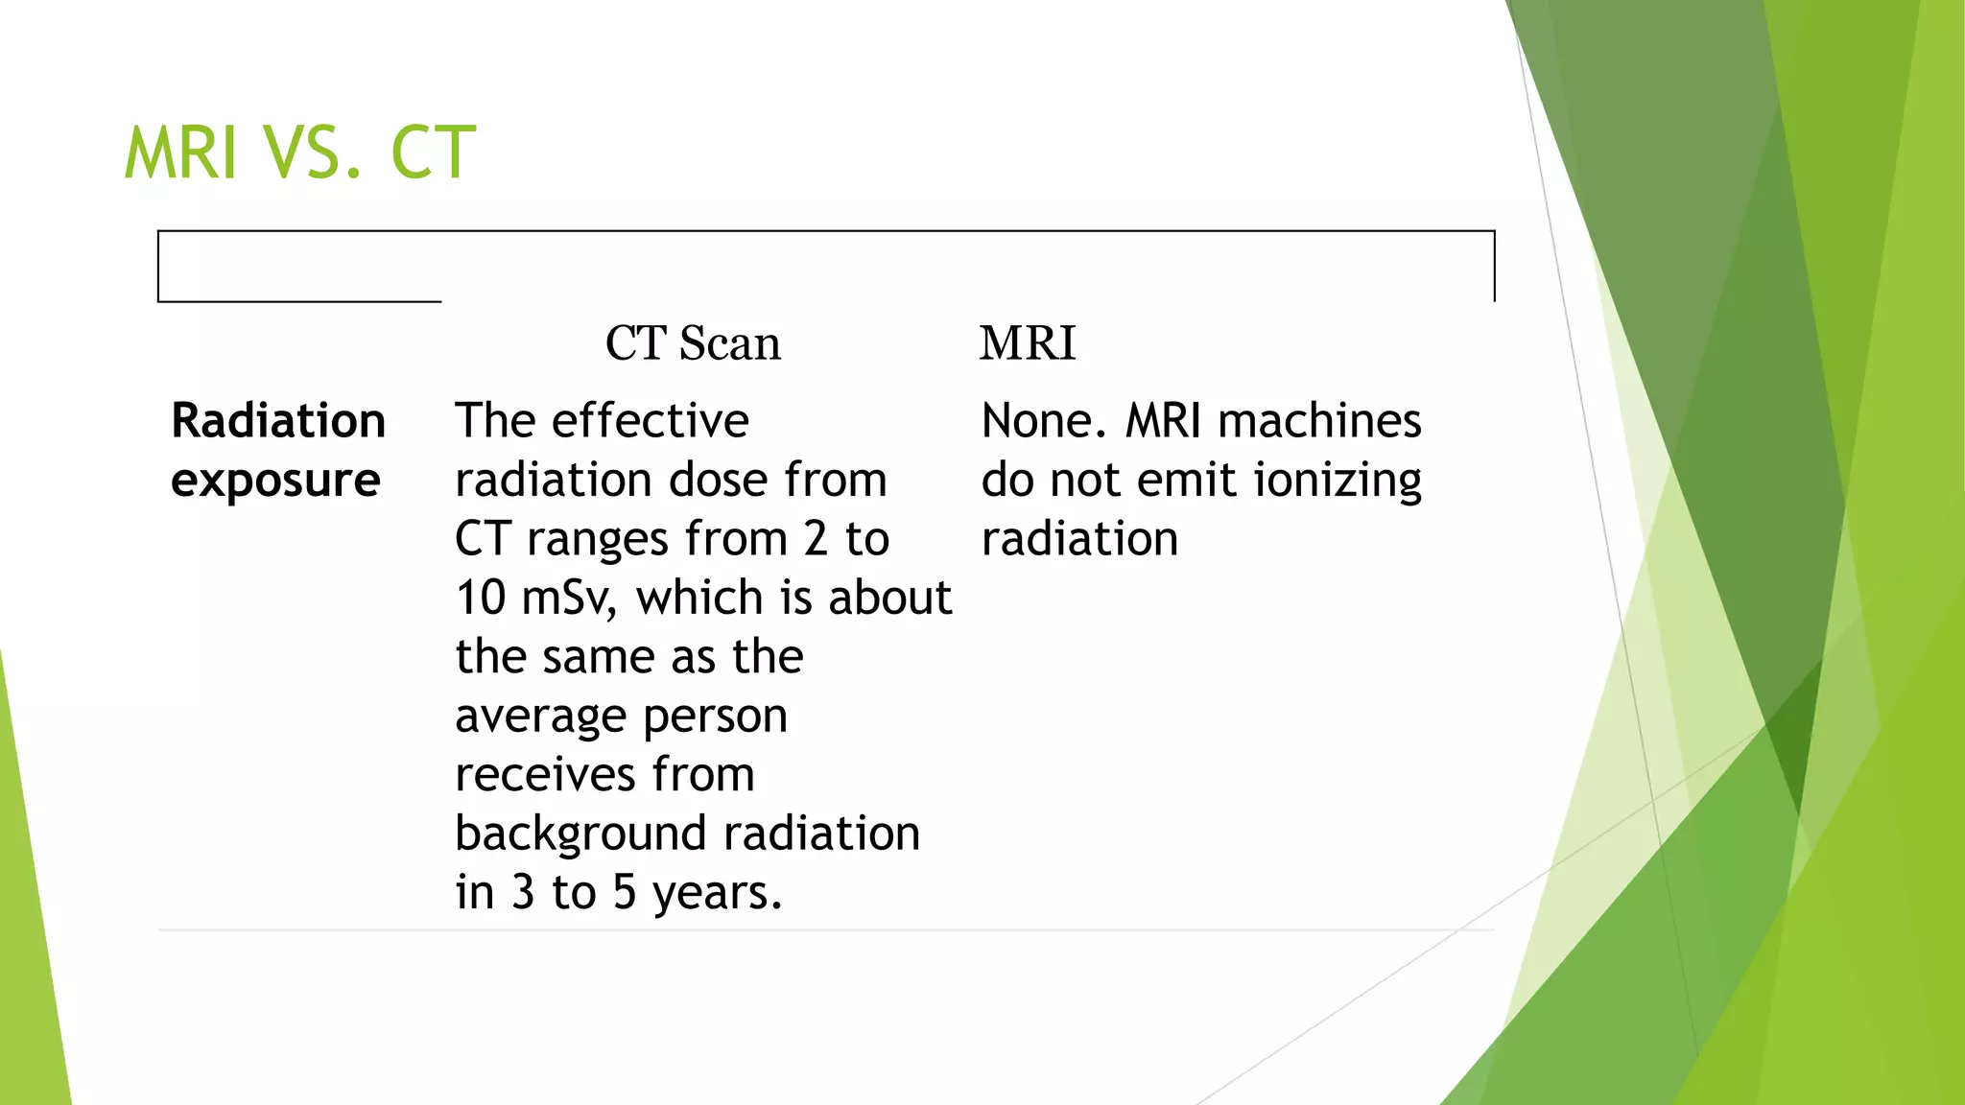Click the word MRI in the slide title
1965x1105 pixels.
pos(180,153)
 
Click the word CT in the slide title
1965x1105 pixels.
pos(433,153)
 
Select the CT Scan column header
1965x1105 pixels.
pos(693,343)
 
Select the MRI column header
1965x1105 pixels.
pos(1028,343)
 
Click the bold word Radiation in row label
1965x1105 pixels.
pos(278,421)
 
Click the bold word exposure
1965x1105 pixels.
pos(275,481)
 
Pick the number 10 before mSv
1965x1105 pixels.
pos(481,599)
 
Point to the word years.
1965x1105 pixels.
pos(716,894)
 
